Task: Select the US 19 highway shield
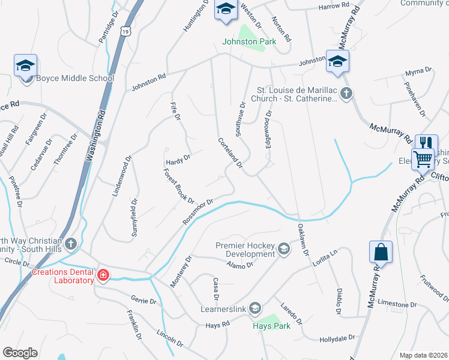pyautogui.click(x=125, y=30)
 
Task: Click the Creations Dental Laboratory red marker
pyautogui.click(x=103, y=275)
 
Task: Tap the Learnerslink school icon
pyautogui.click(x=255, y=308)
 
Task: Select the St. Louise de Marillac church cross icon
pyautogui.click(x=346, y=93)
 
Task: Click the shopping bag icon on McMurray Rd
pyautogui.click(x=382, y=252)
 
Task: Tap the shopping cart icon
pyautogui.click(x=424, y=159)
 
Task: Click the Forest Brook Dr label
pyautogui.click(x=178, y=185)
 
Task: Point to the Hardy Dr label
pyautogui.click(x=178, y=159)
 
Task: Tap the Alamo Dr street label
pyautogui.click(x=241, y=265)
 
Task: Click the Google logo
pyautogui.click(x=20, y=353)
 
